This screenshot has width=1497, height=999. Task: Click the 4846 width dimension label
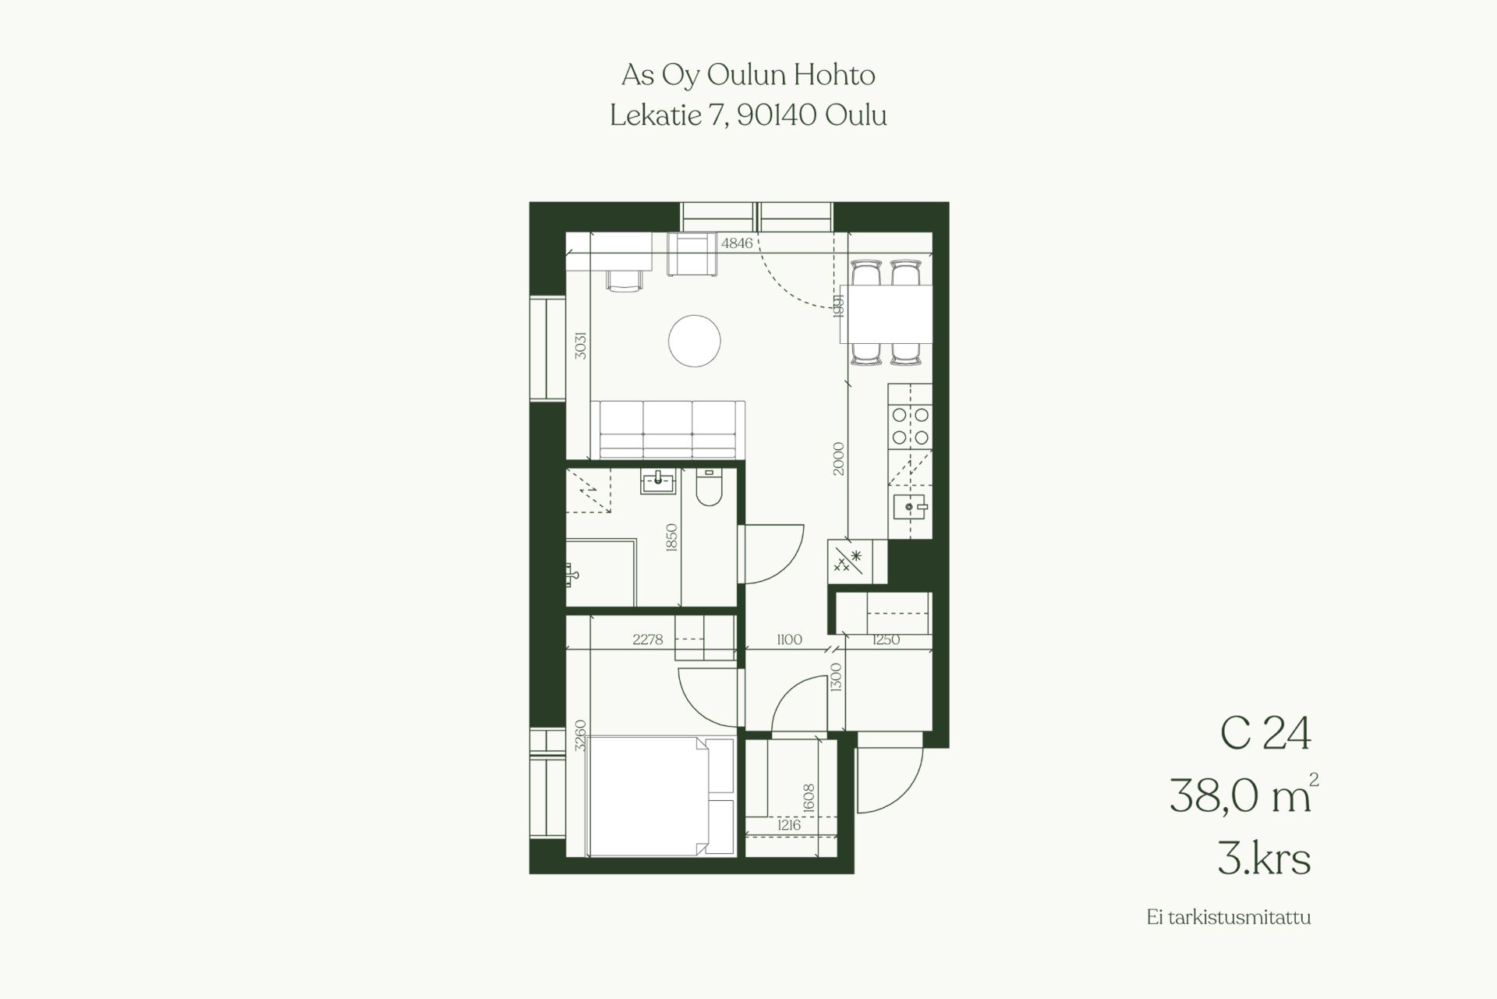(737, 243)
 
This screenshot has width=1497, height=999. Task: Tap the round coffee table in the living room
(695, 340)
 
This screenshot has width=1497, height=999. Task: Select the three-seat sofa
(668, 430)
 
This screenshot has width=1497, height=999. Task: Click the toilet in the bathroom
(709, 487)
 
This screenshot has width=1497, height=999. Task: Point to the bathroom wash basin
(659, 482)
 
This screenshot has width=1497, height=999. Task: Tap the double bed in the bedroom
(662, 795)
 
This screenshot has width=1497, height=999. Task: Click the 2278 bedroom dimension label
(648, 639)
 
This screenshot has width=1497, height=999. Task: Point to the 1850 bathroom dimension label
(673, 538)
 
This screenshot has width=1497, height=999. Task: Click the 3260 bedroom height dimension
(579, 735)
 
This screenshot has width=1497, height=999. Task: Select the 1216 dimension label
(788, 825)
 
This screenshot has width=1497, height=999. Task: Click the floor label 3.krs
(1264, 859)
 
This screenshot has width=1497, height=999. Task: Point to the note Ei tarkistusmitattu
(1229, 917)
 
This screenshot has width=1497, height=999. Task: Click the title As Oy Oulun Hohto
(748, 76)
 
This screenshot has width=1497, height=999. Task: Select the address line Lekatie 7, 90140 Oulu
(748, 116)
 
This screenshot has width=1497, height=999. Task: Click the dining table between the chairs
(887, 314)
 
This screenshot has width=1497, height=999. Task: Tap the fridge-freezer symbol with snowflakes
(848, 561)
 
